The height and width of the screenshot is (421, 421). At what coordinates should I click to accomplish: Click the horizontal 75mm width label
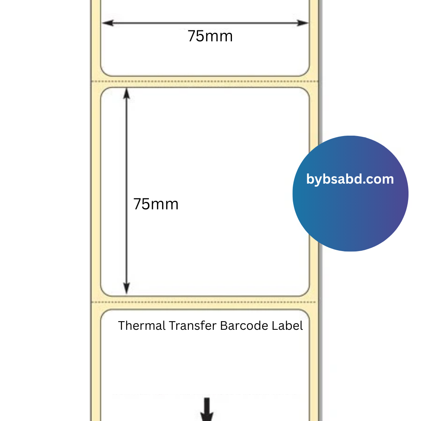(x=210, y=36)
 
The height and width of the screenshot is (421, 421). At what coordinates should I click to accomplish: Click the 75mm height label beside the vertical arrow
(x=156, y=204)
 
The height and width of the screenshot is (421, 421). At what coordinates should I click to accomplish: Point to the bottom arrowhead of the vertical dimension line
(x=126, y=289)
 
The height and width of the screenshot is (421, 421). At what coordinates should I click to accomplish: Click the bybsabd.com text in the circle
(x=350, y=179)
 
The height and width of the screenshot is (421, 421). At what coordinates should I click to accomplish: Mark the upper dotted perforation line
(x=205, y=81)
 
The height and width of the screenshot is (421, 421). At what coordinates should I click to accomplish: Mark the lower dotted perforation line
(x=205, y=302)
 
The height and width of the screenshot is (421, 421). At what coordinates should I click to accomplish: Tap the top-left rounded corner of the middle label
(x=104, y=91)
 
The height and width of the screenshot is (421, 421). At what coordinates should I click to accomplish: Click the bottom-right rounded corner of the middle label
(x=305, y=292)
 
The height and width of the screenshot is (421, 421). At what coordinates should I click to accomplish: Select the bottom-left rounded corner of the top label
(x=104, y=72)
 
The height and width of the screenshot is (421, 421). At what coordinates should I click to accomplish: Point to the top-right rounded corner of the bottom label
(x=305, y=313)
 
